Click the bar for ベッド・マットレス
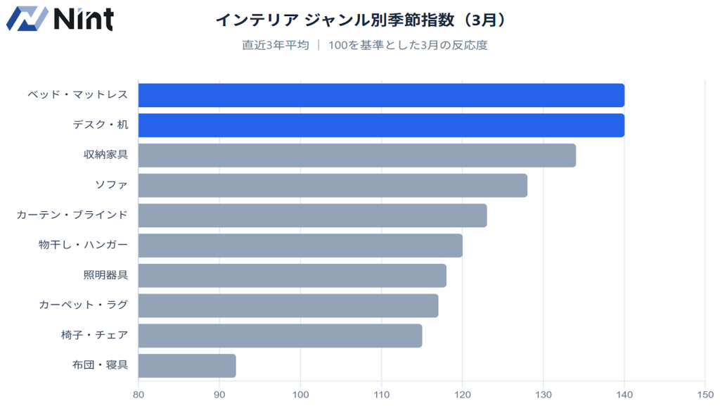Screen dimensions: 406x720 pos(381,95)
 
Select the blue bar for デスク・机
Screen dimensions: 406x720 pos(381,125)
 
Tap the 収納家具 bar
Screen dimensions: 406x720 pos(356,156)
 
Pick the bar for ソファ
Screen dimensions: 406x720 pos(333,186)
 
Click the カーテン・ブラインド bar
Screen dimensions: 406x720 pos(312,215)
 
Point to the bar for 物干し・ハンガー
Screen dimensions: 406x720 pos(300,246)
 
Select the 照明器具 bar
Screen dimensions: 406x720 pos(292,276)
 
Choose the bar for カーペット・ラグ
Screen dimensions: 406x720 pos(288,305)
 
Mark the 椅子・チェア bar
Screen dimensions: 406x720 pos(280,336)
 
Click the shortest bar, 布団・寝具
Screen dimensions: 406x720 pos(187,366)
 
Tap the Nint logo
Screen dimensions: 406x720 pos(60,19)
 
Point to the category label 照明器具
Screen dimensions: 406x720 pos(105,276)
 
